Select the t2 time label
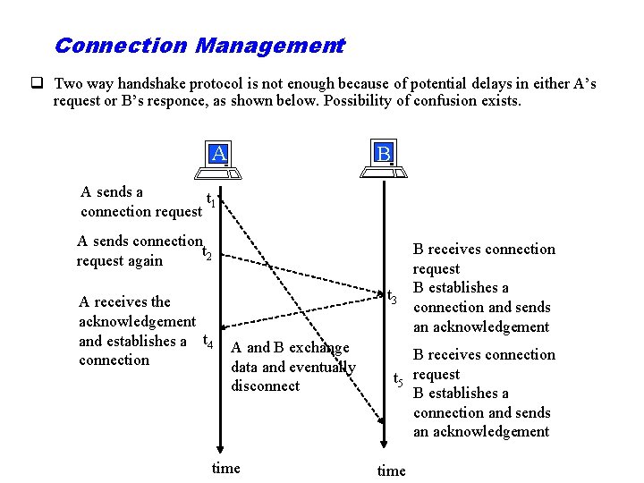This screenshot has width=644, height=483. [x=207, y=253]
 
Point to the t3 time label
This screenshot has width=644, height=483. [x=392, y=295]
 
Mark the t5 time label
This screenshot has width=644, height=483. [x=399, y=380]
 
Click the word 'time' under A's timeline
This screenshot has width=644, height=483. [x=225, y=468]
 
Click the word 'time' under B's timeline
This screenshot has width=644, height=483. [x=391, y=470]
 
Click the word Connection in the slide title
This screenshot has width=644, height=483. [x=120, y=45]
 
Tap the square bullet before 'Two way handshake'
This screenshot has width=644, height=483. [x=38, y=84]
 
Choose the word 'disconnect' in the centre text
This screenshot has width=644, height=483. [x=265, y=386]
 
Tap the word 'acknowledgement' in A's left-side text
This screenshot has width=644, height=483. [x=137, y=321]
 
